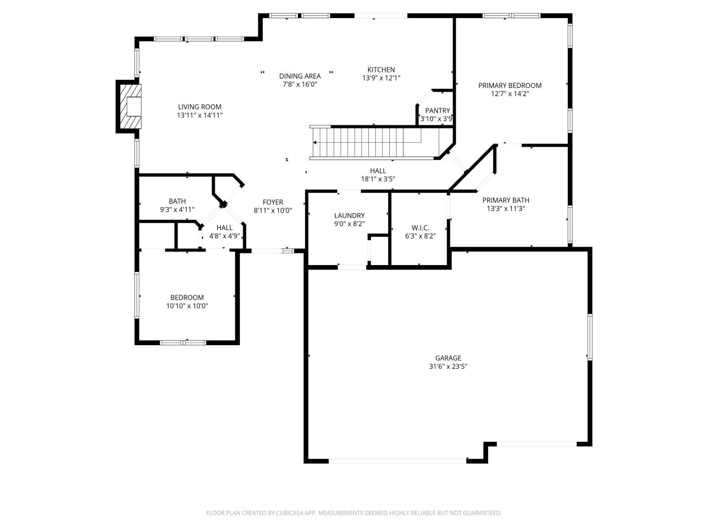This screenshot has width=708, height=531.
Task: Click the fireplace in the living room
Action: click(129, 107)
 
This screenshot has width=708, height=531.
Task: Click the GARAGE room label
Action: click(448, 358)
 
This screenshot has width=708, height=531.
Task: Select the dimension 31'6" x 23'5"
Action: click(448, 367)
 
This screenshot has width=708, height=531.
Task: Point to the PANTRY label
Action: click(437, 111)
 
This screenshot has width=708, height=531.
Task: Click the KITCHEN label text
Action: click(381, 70)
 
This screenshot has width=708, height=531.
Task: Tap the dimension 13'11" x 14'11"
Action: click(199, 115)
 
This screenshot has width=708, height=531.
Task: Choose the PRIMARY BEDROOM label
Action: click(510, 86)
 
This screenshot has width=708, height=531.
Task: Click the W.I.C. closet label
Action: click(420, 228)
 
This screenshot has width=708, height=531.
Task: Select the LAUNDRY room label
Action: click(349, 216)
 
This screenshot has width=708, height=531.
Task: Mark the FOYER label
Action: click(273, 202)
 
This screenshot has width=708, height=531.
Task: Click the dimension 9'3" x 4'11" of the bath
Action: click(177, 210)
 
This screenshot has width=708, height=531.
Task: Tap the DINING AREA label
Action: click(300, 76)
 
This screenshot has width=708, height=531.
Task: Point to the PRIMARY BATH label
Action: click(506, 200)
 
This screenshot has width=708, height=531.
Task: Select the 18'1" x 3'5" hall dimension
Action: click(378, 179)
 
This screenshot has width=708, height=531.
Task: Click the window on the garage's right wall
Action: click(589, 337)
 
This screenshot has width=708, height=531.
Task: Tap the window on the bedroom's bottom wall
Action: click(183, 343)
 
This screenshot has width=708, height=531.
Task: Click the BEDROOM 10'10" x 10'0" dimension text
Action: click(187, 306)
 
